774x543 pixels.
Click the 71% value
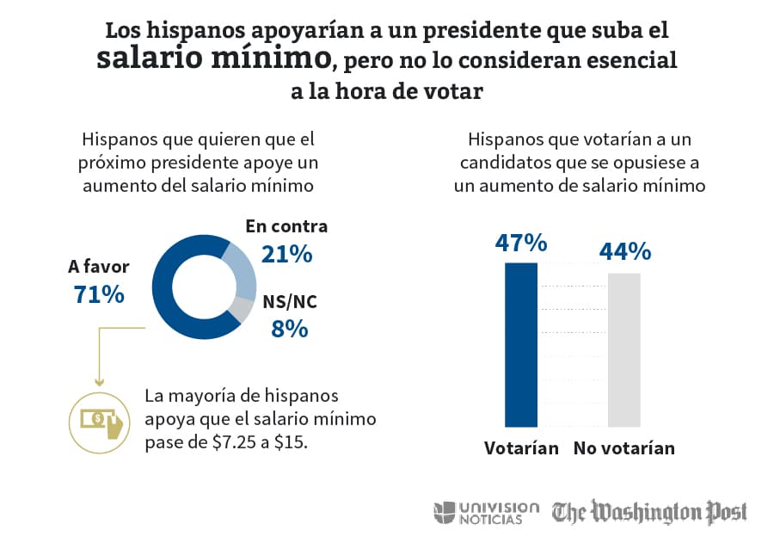[99, 294]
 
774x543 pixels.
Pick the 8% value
[290, 329]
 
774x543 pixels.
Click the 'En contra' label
[286, 226]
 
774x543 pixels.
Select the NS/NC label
[291, 303]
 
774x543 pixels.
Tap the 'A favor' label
[99, 266]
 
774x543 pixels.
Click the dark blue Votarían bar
[521, 344]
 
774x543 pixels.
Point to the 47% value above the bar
[521, 244]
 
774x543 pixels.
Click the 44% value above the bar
[624, 251]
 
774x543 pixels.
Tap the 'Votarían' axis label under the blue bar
[521, 448]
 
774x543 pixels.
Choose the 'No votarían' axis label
[624, 448]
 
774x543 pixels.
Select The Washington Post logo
[649, 512]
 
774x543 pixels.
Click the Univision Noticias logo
[487, 512]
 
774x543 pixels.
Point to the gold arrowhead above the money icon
[99, 382]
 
